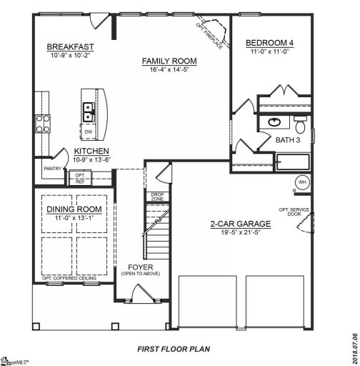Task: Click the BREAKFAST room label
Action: coord(70,47)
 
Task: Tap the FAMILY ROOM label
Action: coord(169,61)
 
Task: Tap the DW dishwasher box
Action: coord(89,133)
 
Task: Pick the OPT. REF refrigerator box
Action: coord(80,178)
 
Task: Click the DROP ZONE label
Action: coord(157,196)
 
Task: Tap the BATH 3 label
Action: coord(288,140)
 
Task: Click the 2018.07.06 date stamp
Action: coord(354,335)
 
